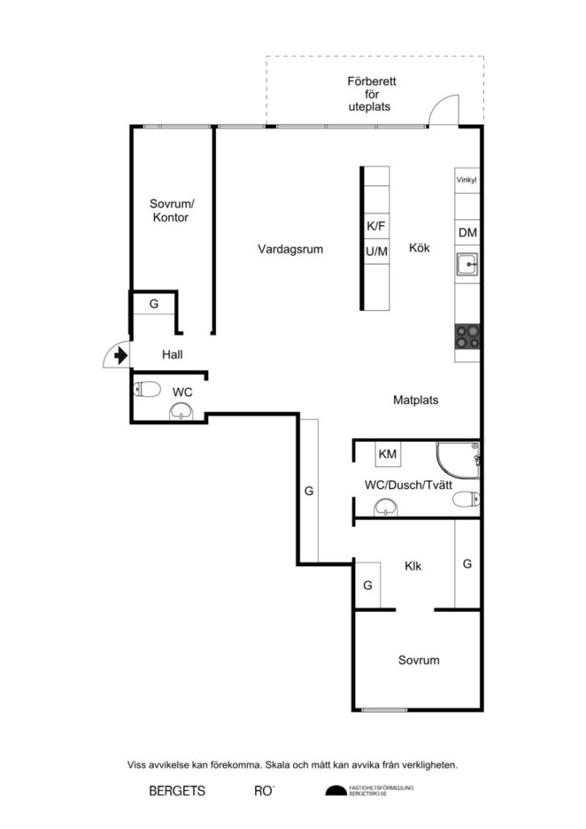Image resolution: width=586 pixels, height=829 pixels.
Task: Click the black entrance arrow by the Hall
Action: click(x=121, y=355)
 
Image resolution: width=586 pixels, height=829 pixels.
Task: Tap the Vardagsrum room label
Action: click(x=291, y=249)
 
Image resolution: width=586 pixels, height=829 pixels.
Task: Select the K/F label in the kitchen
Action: click(x=376, y=227)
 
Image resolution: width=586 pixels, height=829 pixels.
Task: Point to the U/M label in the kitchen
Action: click(x=376, y=252)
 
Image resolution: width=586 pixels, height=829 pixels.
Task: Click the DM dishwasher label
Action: click(x=467, y=233)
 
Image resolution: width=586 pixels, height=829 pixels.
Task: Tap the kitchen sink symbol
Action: click(x=467, y=264)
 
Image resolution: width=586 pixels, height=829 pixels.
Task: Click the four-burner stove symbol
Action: click(x=466, y=336)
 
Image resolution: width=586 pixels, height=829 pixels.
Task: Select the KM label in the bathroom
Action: click(x=388, y=454)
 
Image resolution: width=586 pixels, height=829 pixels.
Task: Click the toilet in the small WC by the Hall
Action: click(x=146, y=390)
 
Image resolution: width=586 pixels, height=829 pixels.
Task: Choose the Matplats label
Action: click(x=416, y=400)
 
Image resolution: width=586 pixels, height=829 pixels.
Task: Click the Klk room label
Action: click(x=414, y=567)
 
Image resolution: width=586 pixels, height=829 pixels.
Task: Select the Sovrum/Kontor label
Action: click(x=170, y=210)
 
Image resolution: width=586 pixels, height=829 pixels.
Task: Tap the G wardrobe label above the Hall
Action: click(x=153, y=304)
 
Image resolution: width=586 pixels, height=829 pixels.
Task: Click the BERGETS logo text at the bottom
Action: click(x=176, y=791)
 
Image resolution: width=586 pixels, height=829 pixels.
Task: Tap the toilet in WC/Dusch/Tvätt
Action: click(x=465, y=500)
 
